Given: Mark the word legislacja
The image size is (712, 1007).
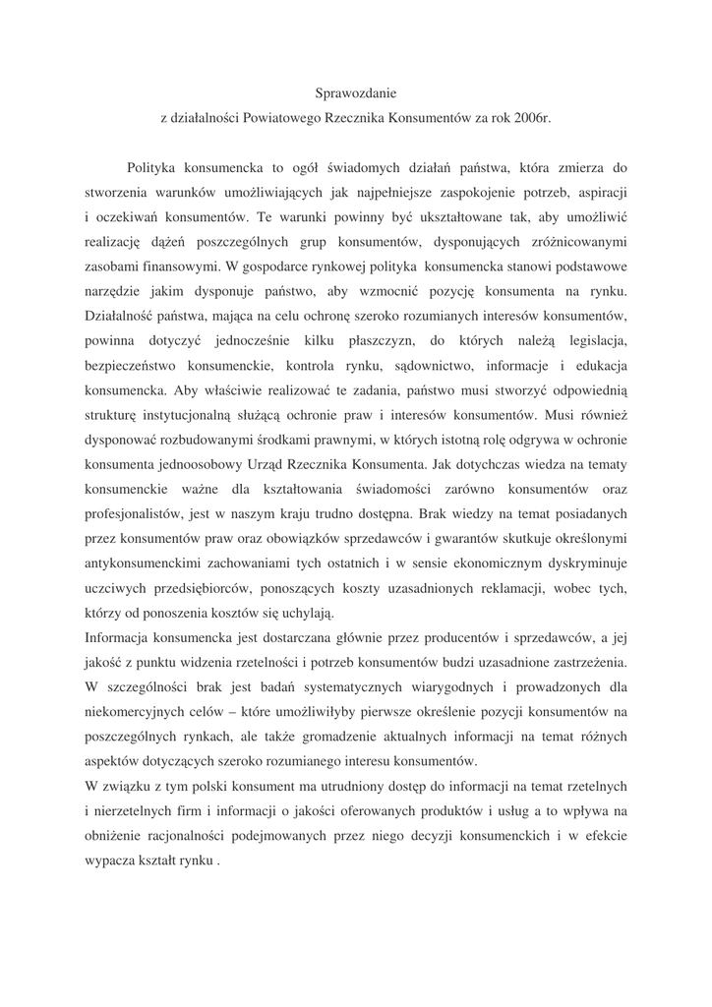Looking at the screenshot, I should click(594, 340).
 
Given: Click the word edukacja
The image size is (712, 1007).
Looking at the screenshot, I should click(596, 365).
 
